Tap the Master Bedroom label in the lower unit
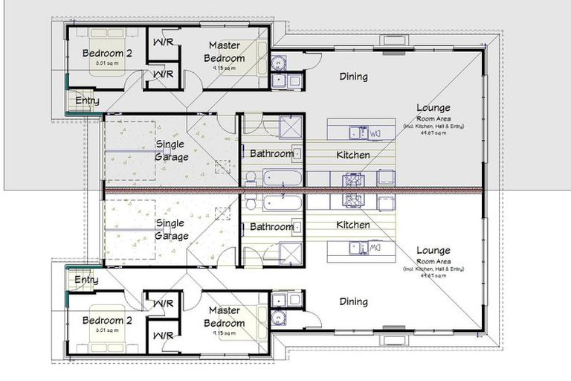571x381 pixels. [227, 317]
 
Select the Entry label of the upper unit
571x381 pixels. [86, 101]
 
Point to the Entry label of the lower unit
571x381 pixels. [86, 280]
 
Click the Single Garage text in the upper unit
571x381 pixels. [171, 150]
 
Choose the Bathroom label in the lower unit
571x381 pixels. [271, 227]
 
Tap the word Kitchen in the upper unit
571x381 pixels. [353, 155]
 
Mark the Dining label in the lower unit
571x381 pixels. [353, 301]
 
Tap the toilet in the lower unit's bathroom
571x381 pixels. [251, 203]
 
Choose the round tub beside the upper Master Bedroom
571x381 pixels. [277, 63]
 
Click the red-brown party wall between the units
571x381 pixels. [297, 190]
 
